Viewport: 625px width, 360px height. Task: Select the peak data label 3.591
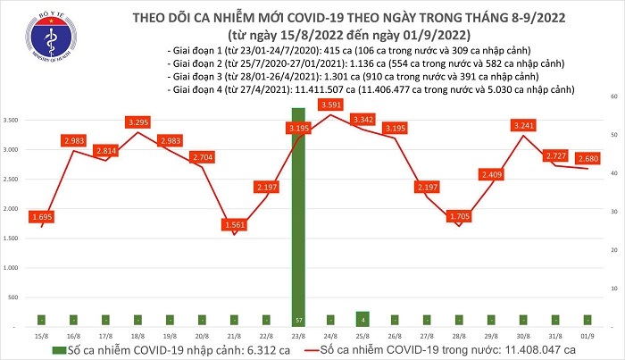click(332, 105)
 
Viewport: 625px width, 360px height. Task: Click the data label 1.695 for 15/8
click(42, 217)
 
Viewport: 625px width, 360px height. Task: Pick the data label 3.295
click(137, 121)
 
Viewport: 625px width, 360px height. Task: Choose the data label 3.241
click(522, 125)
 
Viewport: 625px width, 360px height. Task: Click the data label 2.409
click(491, 174)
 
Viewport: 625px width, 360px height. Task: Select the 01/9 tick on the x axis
click(587, 336)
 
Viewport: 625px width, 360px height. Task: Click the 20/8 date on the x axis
click(202, 336)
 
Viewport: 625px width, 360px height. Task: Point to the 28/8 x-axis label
click(458, 336)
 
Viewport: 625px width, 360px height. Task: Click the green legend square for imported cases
click(58, 348)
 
